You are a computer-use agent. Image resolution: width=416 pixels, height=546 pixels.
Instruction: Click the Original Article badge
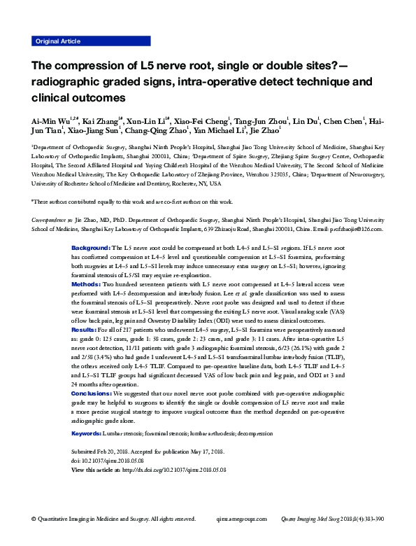click(57, 41)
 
